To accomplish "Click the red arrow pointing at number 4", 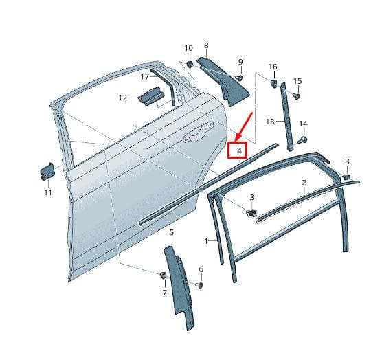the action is [243, 126].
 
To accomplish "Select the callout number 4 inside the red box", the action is [240, 150].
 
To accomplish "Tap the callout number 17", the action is [144, 77].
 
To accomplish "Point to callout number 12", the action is [123, 98].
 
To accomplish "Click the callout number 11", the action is [48, 192].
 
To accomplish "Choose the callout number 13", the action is [270, 122].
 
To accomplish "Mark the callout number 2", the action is [304, 183].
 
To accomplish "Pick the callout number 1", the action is [206, 241].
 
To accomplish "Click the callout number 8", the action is [206, 45].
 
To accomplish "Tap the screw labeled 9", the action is [240, 78].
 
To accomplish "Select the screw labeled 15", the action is [296, 96].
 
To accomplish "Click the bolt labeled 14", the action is [303, 140].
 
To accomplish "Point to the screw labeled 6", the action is [200, 285].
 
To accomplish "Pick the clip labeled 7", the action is [163, 275].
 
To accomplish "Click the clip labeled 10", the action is [190, 65].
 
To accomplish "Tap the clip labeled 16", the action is [273, 82].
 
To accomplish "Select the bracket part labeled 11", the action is [47, 171].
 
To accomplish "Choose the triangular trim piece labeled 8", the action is [223, 80].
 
